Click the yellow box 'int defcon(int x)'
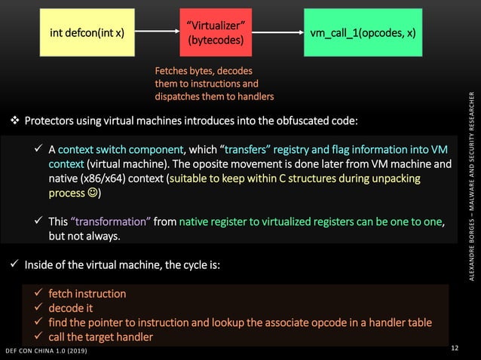pyautogui.click(x=87, y=33)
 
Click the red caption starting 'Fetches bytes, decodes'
pyautogui.click(x=214, y=84)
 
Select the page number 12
pyautogui.click(x=454, y=348)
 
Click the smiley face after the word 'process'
pyautogui.click(x=90, y=194)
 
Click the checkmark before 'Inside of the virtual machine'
pyautogui.click(x=14, y=264)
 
